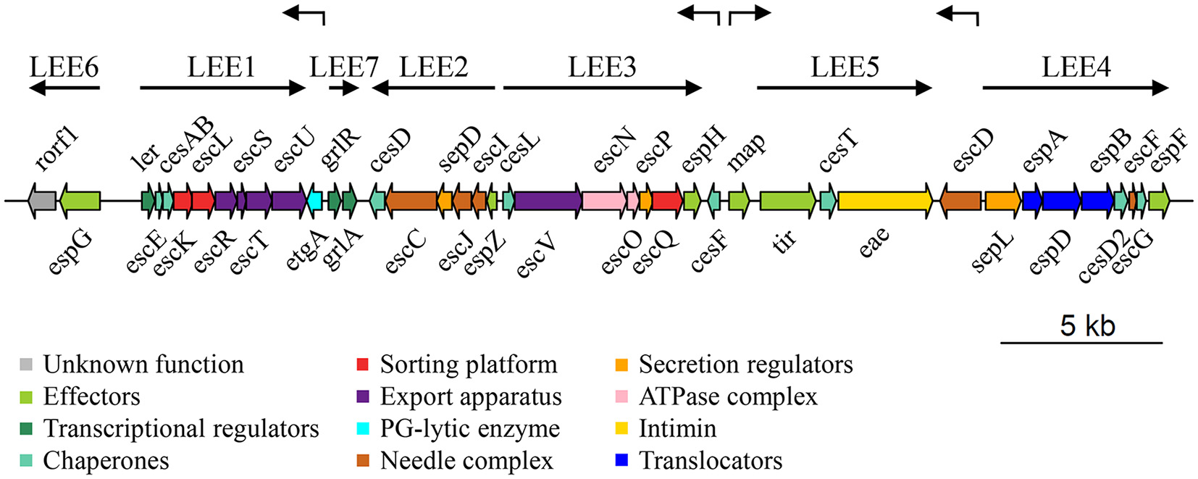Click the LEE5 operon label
tap(845, 67)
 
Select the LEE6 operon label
tap(64, 67)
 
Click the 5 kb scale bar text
tap(1087, 325)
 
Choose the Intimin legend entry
tap(677, 428)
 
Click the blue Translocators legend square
tap(621, 460)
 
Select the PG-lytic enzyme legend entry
tap(469, 428)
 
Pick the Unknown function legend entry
tap(143, 365)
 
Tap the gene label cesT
tap(838, 151)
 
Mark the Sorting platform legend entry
tap(468, 365)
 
